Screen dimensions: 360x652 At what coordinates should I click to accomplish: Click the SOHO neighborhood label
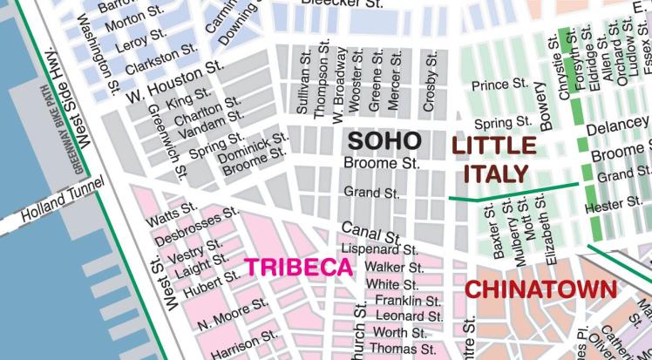384,140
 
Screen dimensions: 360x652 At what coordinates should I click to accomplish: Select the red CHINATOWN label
540,289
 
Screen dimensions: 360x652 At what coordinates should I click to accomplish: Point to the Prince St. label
499,85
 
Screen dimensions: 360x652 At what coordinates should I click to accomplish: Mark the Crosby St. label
429,80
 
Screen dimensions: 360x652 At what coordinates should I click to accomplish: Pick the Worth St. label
399,333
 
